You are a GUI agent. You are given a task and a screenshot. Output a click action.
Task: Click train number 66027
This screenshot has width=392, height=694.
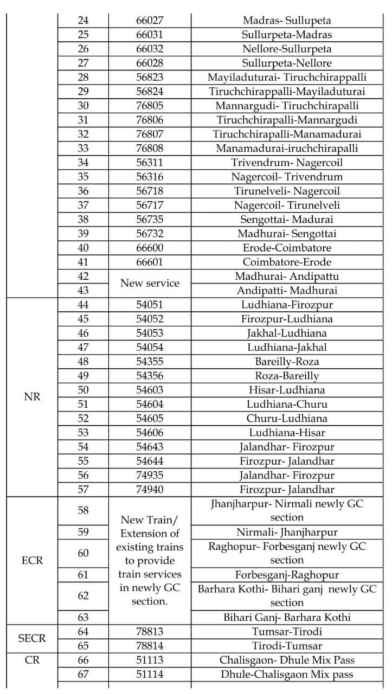pos(150,21)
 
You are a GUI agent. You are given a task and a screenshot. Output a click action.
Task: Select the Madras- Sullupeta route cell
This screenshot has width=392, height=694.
pos(287,21)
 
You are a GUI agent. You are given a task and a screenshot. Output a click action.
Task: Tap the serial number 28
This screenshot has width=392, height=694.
pos(83,77)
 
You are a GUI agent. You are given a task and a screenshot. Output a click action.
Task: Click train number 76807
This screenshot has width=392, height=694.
pos(150,134)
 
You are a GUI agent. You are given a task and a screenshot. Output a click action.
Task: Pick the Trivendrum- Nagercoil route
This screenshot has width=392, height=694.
pos(287,162)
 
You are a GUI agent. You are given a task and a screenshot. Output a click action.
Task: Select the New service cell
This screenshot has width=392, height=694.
pos(150,283)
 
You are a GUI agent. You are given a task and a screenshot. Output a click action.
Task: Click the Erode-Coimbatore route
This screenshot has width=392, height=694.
pos(287,247)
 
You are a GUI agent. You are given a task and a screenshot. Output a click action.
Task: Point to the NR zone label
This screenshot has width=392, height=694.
pos(33,396)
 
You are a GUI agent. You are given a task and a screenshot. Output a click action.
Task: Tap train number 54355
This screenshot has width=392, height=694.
pos(150,361)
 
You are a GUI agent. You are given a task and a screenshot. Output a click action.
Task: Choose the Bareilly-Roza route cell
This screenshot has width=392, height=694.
pos(287,361)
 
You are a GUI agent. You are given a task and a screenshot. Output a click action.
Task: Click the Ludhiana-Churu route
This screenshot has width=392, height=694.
pos(287,404)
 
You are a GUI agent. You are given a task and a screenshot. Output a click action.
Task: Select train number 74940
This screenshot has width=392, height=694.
pos(150,489)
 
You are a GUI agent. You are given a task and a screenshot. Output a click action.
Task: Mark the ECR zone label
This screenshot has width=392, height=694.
pos(33,560)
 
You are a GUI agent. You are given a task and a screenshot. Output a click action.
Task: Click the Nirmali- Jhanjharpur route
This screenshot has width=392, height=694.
pos(287,532)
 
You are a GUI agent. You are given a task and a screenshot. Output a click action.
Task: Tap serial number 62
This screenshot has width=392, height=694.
pos(83,596)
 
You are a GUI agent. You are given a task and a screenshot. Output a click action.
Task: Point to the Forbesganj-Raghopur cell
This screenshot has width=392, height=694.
pos(287,575)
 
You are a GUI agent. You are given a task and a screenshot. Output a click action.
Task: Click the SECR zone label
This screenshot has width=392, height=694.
pos(33,638)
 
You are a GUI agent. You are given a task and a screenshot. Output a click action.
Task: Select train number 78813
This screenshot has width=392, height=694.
pos(150,631)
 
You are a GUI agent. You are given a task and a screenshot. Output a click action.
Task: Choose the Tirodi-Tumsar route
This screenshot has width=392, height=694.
pos(287,646)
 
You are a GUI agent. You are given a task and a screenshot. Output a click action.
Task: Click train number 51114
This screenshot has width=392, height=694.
pos(150,674)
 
